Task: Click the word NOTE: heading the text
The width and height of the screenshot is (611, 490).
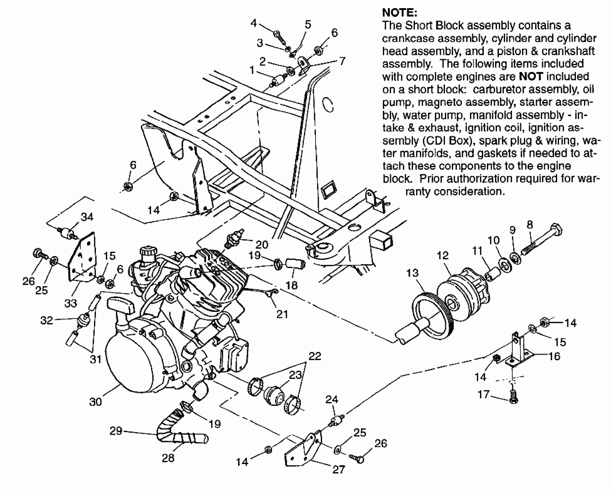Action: [x=399, y=13]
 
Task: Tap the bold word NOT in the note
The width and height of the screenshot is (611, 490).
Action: [x=531, y=77]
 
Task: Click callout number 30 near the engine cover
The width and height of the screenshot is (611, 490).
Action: [x=95, y=402]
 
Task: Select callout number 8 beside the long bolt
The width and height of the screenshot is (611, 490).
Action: [x=530, y=225]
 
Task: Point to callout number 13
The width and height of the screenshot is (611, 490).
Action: [x=412, y=273]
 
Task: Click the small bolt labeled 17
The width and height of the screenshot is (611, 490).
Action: [x=514, y=398]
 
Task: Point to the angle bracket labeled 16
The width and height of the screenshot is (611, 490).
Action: [x=516, y=352]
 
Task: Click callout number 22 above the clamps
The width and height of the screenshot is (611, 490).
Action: [x=315, y=356]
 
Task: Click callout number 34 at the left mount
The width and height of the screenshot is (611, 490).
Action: [x=87, y=217]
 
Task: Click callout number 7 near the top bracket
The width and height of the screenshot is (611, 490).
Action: [x=342, y=61]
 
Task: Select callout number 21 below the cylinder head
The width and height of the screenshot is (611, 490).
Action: [x=282, y=314]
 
